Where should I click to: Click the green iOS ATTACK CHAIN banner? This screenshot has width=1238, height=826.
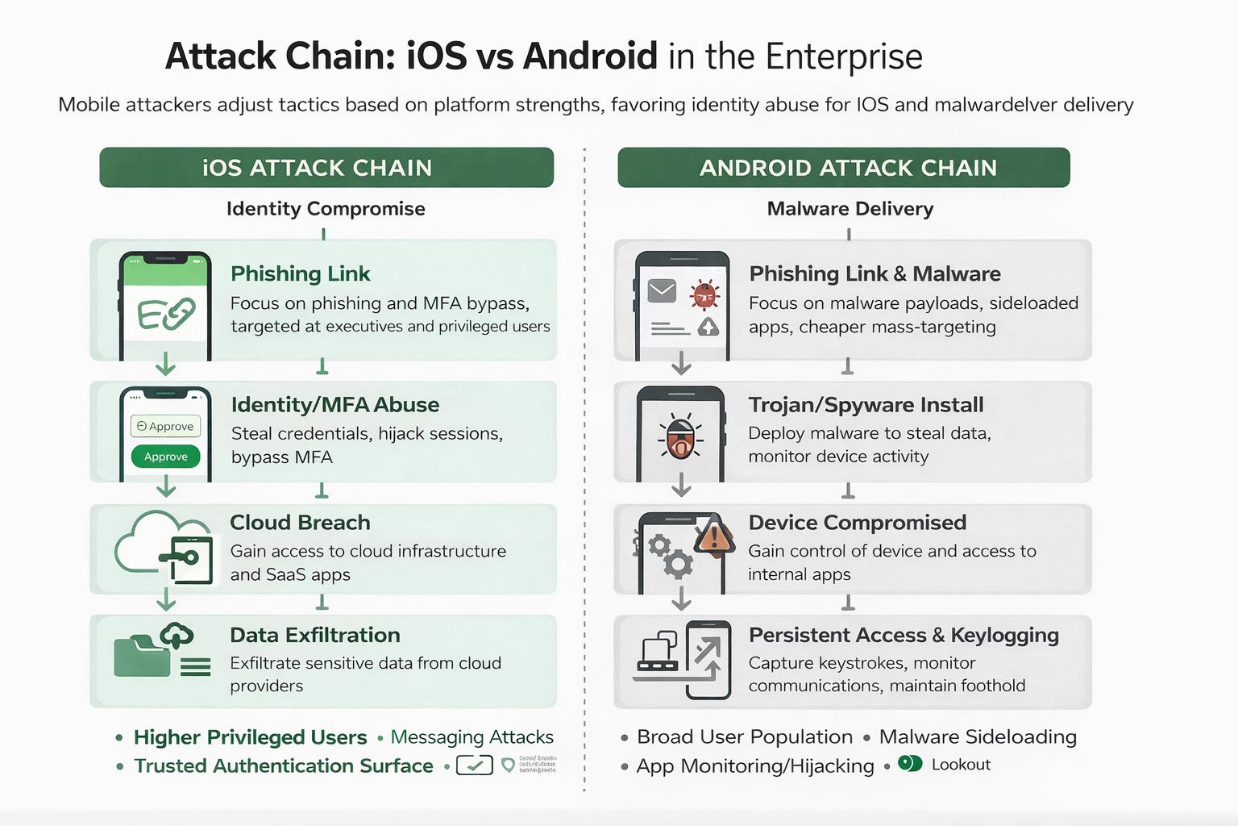pyautogui.click(x=326, y=168)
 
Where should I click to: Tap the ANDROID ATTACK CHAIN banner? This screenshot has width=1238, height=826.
pyautogui.click(x=844, y=168)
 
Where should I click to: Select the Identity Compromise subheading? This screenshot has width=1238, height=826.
pyautogui.click(x=326, y=209)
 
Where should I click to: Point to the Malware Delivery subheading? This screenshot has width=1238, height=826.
pyautogui.click(x=850, y=209)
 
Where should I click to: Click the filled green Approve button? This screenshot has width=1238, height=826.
pyautogui.click(x=166, y=457)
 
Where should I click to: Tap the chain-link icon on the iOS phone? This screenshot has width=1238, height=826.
pyautogui.click(x=167, y=313)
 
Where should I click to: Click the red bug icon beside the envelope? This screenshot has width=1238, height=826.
pyautogui.click(x=705, y=294)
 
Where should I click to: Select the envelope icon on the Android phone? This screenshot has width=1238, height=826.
pyautogui.click(x=663, y=290)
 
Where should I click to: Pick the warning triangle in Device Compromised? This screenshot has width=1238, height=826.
pyautogui.click(x=714, y=535)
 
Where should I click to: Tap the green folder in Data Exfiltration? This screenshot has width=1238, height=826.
pyautogui.click(x=142, y=657)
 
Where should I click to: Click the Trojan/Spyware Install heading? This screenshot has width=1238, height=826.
pyautogui.click(x=866, y=405)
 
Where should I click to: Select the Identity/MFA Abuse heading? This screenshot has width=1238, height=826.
pyautogui.click(x=335, y=405)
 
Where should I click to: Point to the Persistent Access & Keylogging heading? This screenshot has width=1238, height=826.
pyautogui.click(x=904, y=636)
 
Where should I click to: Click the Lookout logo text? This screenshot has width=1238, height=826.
pyautogui.click(x=961, y=765)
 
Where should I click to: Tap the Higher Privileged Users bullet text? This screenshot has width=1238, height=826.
pyautogui.click(x=250, y=737)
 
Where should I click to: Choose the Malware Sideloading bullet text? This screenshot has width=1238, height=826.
pyautogui.click(x=978, y=737)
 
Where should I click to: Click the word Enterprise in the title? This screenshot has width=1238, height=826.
pyautogui.click(x=844, y=57)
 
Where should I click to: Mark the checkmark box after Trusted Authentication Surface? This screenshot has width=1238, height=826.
pyautogui.click(x=475, y=765)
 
